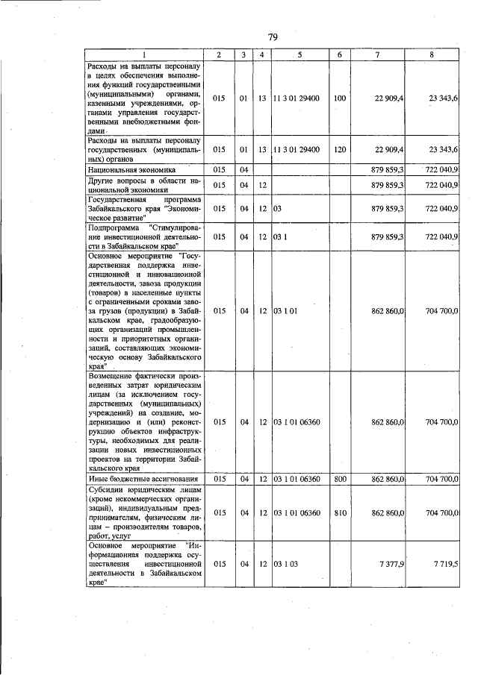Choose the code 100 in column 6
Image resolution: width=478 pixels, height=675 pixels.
point(340,98)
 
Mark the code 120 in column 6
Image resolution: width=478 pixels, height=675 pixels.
point(340,149)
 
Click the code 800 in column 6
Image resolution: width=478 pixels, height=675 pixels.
point(340,478)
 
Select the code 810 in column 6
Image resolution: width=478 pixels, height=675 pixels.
point(340,512)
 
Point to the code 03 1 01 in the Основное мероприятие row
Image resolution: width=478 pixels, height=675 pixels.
point(286,310)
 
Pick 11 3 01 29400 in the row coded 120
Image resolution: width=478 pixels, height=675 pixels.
point(297,149)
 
